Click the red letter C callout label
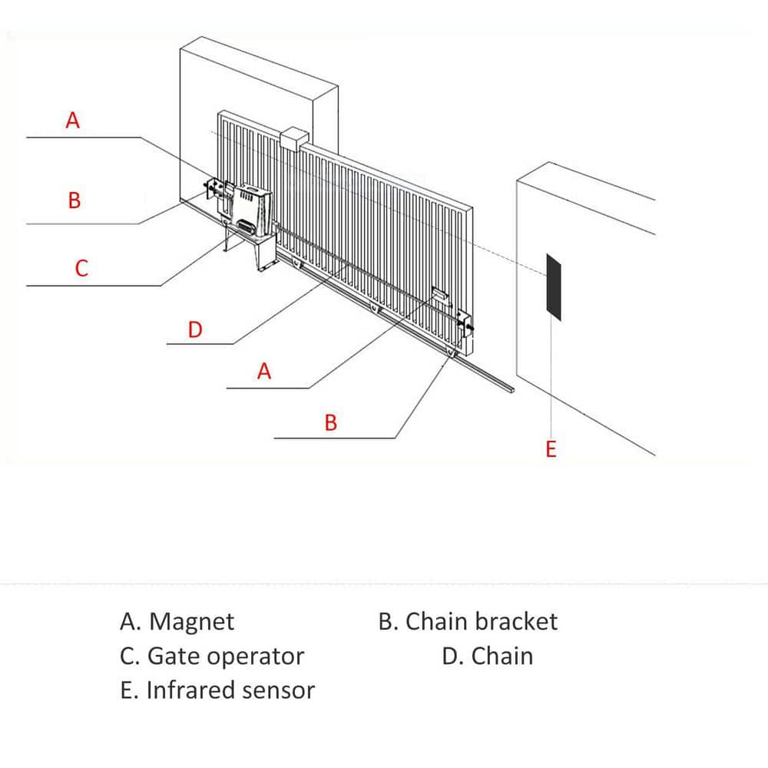(x=81, y=268)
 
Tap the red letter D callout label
(x=195, y=330)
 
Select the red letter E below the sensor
(x=551, y=449)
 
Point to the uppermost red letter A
(x=73, y=121)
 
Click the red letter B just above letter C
(x=74, y=201)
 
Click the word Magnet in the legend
(x=191, y=621)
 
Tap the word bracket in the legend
(x=515, y=621)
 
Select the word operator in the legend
(x=256, y=657)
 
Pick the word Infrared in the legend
(x=190, y=690)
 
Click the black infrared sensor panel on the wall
(x=554, y=284)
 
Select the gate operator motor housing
(x=251, y=209)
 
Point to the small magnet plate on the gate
(x=439, y=294)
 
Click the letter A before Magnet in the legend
(x=128, y=621)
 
